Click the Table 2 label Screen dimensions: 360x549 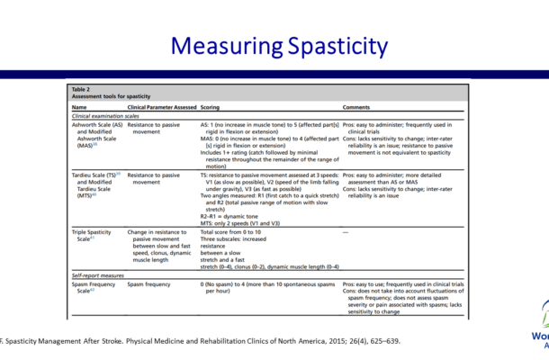click(x=82, y=89)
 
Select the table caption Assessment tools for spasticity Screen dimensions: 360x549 click(x=111, y=97)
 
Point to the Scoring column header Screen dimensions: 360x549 click(x=211, y=107)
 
